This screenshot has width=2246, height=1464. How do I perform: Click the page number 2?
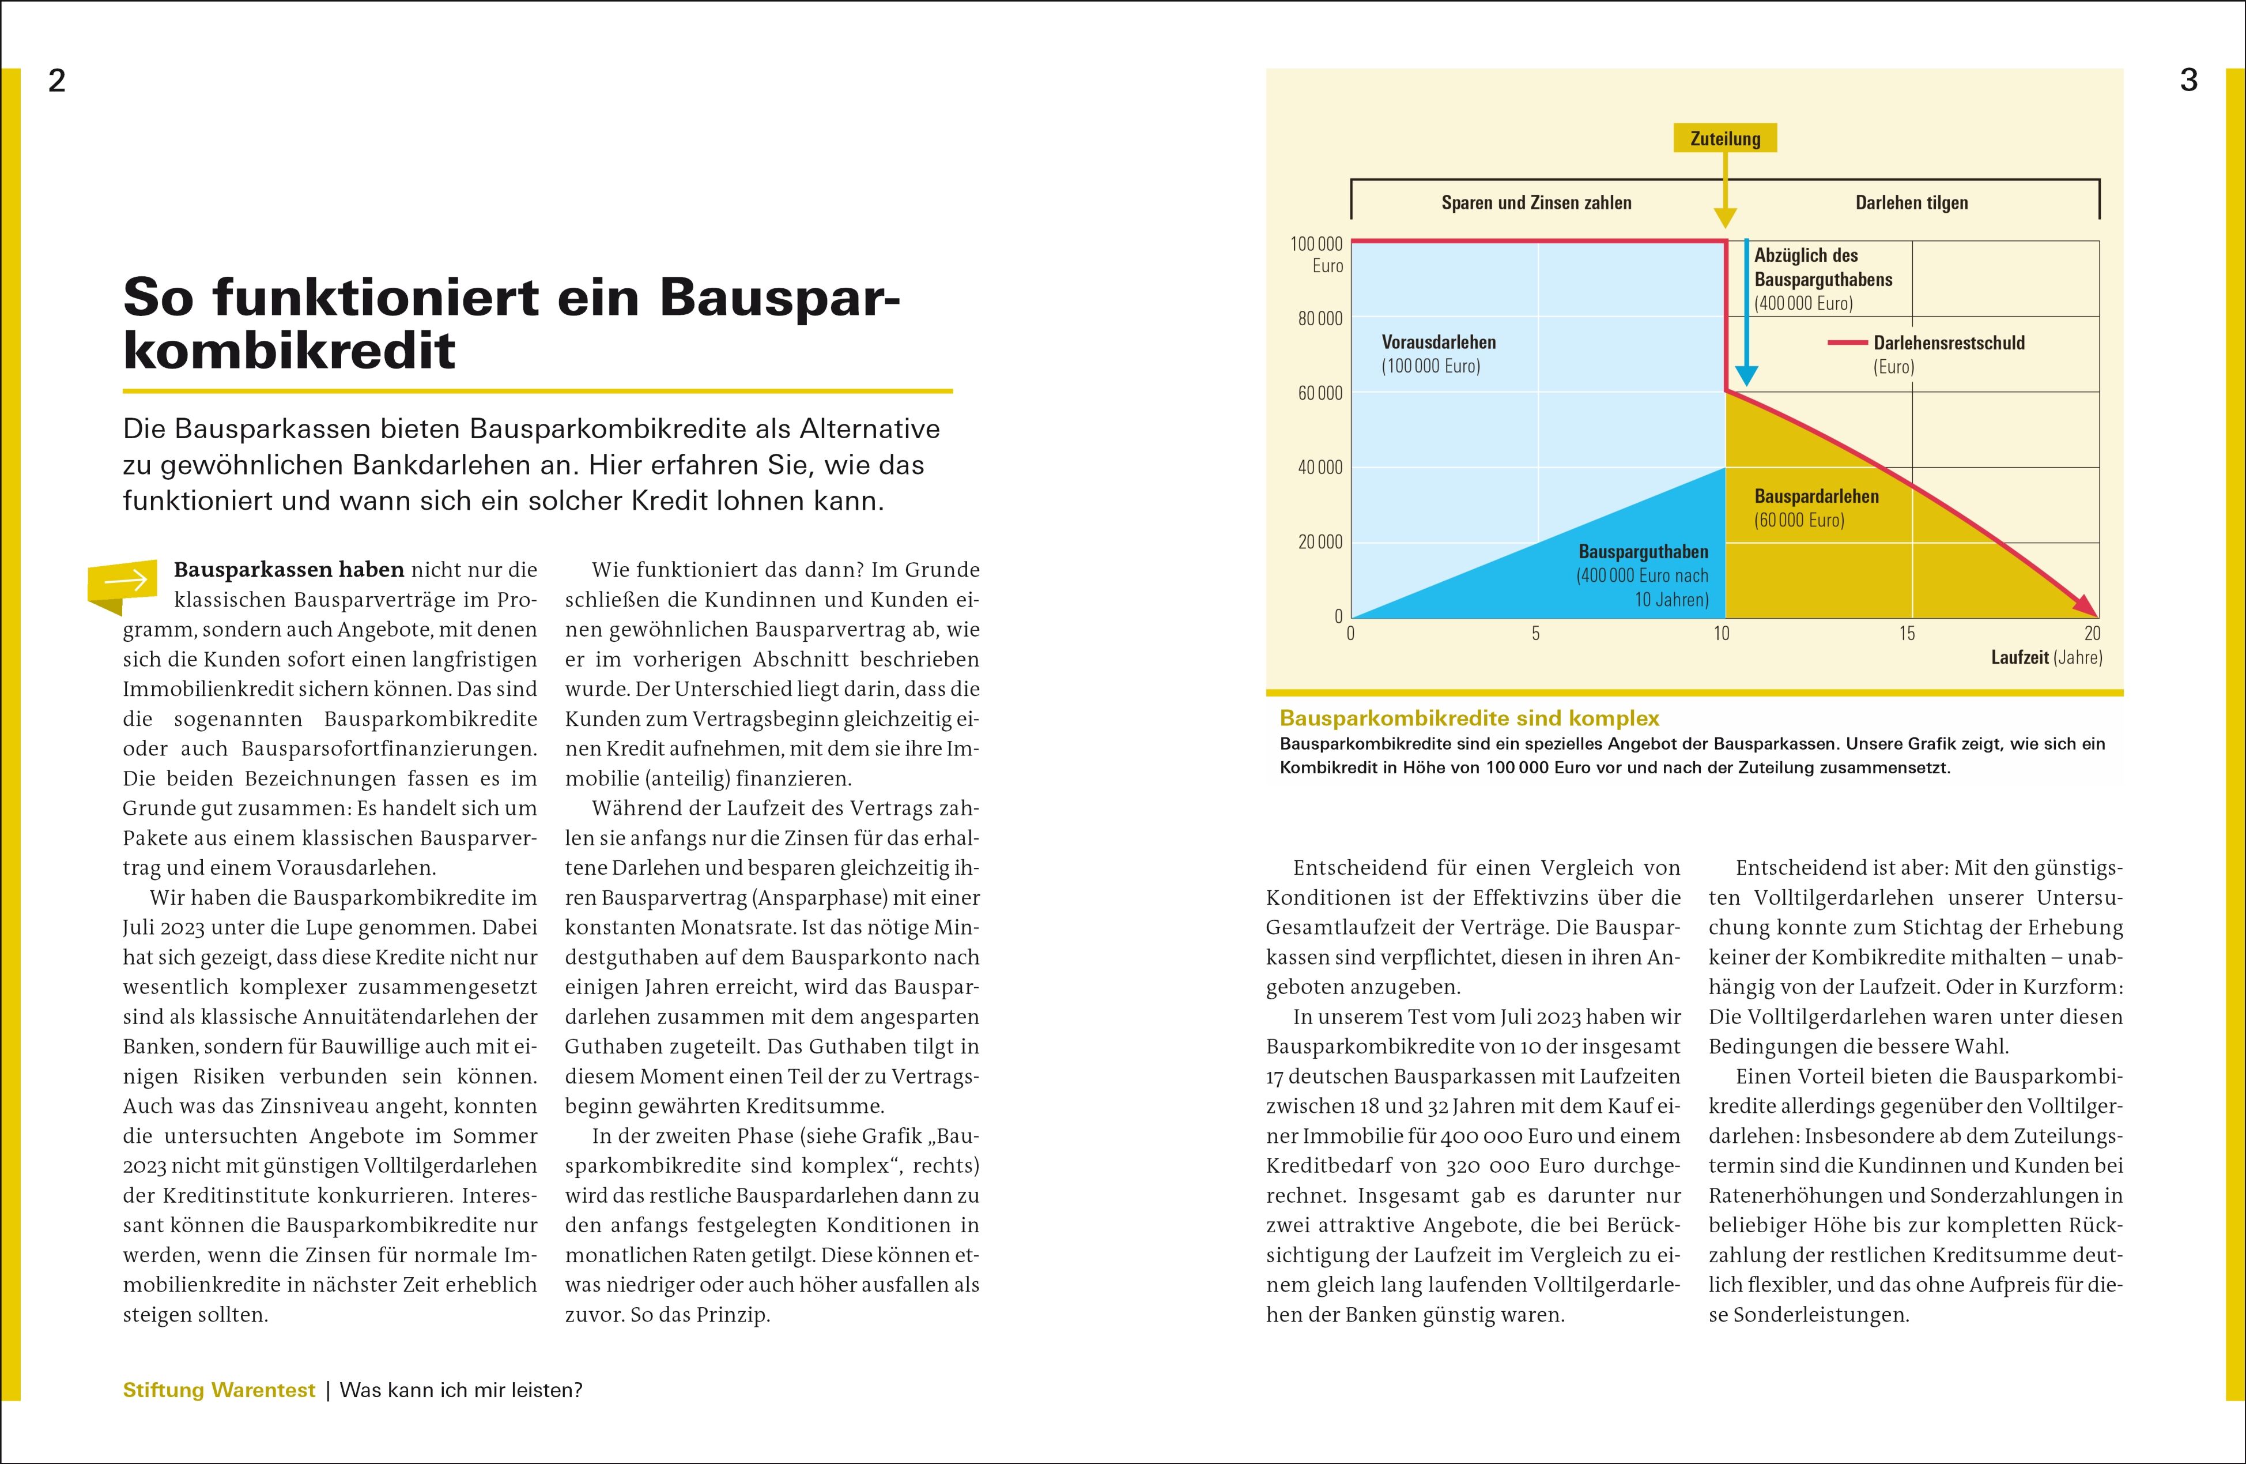coord(56,81)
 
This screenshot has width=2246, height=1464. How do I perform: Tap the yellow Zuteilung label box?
coord(1725,139)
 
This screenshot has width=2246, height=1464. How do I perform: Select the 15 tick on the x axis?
coord(1907,633)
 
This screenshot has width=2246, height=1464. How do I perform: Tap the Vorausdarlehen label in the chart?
coord(1438,343)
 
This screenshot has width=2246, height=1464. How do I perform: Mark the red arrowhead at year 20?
coord(2089,609)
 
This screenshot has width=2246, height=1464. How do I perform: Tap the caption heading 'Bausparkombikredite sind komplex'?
coord(1469,718)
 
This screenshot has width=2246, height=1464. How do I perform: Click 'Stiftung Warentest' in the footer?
coord(219,1390)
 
